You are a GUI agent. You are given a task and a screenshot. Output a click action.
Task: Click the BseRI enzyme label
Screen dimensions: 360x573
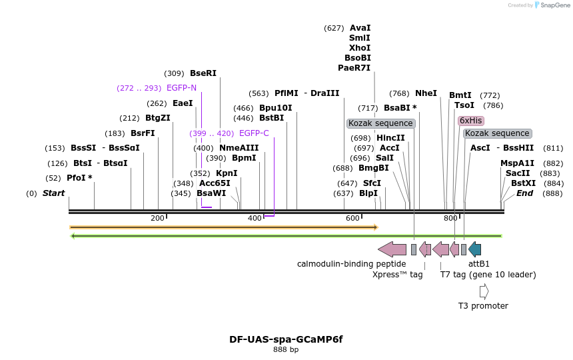pyautogui.click(x=203, y=73)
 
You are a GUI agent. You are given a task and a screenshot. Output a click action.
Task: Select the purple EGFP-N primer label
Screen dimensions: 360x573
pyautogui.click(x=181, y=88)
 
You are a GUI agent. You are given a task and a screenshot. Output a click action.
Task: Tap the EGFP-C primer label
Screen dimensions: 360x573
pyautogui.click(x=254, y=133)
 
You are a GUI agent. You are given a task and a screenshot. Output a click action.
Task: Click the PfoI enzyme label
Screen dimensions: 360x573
pyautogui.click(x=79, y=178)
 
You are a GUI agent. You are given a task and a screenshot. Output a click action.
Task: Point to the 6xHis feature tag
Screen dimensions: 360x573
pyautogui.click(x=470, y=121)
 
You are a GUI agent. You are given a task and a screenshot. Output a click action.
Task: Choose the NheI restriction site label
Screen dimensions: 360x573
pyautogui.click(x=426, y=93)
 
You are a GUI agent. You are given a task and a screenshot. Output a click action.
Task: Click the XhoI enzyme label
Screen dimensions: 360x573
pyautogui.click(x=360, y=48)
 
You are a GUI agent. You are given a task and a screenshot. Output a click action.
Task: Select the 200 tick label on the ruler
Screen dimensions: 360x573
pyautogui.click(x=157, y=219)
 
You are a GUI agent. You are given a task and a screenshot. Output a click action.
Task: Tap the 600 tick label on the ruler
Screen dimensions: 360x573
pyautogui.click(x=352, y=219)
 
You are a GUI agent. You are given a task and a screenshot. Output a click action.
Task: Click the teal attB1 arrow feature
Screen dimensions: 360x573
pyautogui.click(x=474, y=249)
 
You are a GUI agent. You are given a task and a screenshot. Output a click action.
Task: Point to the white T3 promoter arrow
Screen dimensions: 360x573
pyautogui.click(x=484, y=291)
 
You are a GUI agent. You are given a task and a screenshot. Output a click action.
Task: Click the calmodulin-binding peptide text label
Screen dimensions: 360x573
pyautogui.click(x=351, y=264)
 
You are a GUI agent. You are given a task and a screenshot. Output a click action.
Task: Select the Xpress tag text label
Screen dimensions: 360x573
pyautogui.click(x=397, y=274)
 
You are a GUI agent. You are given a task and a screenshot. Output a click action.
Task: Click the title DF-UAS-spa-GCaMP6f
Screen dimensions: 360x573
pyautogui.click(x=286, y=339)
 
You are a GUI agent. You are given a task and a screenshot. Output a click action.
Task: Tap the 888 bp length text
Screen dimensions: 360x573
pyautogui.click(x=286, y=349)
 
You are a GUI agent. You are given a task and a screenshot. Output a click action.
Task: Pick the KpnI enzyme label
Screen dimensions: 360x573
pyautogui.click(x=227, y=173)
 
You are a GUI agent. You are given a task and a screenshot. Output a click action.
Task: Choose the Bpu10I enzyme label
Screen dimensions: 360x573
pyautogui.click(x=275, y=108)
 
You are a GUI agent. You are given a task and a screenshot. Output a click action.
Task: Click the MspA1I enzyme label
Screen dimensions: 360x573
pyautogui.click(x=518, y=163)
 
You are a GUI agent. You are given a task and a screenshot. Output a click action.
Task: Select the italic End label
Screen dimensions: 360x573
pyautogui.click(x=524, y=193)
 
